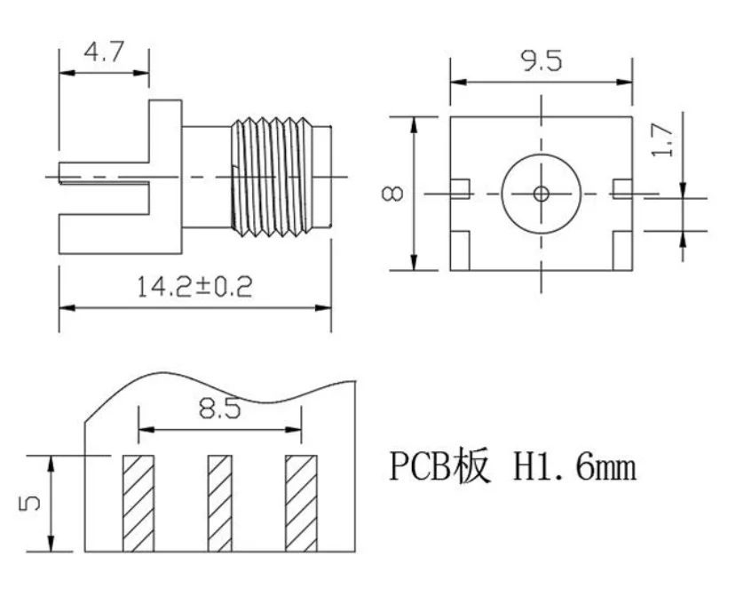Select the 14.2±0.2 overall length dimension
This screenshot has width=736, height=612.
[x=194, y=286]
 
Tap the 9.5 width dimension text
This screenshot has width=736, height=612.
[x=542, y=61]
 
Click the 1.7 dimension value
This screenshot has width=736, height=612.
[x=669, y=139]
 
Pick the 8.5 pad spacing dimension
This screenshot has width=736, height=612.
[x=218, y=409]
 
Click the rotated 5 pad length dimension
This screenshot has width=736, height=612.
[x=29, y=503]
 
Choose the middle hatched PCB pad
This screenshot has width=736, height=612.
[x=219, y=502]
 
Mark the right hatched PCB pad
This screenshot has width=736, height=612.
[x=301, y=502]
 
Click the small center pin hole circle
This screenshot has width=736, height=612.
[x=541, y=193]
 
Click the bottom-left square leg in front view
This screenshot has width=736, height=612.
[x=461, y=250]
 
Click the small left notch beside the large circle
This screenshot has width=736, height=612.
[x=459, y=188]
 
